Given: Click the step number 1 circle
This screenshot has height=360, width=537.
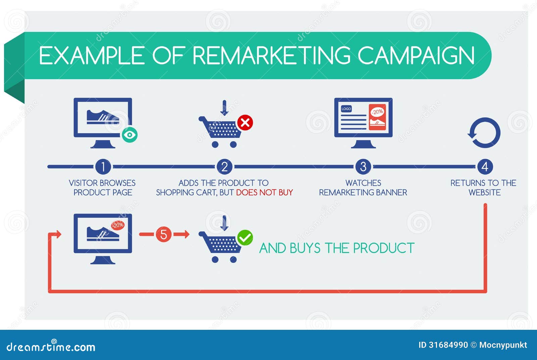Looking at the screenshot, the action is coord(103,166).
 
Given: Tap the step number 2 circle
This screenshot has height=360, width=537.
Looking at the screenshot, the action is coord(225,166).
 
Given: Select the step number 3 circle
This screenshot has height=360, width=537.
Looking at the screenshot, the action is coord(363,166).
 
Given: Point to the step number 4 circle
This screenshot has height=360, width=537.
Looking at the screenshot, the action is coord(485,166).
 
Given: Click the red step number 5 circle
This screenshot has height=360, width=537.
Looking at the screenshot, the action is coord(163,234).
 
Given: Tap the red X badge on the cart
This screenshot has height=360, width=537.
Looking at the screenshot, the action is coord(245,123).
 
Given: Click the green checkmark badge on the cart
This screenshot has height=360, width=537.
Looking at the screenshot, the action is coord(245,238).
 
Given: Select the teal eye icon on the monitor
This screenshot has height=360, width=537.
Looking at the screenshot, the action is coord(130,135).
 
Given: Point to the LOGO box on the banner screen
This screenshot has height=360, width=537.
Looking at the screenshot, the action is coord(346,109).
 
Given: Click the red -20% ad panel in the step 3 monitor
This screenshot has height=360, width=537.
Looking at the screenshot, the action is coord(377,117).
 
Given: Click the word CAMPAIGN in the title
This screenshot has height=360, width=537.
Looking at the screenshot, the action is coord(416,55).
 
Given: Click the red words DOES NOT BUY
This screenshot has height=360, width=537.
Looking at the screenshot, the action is coord(264,193).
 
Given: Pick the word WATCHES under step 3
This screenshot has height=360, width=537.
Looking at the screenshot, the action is coord(363,183).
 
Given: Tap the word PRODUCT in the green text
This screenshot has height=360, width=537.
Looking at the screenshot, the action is coord(384,248).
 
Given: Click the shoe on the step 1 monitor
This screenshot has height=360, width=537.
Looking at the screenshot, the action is coord(103,117).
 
